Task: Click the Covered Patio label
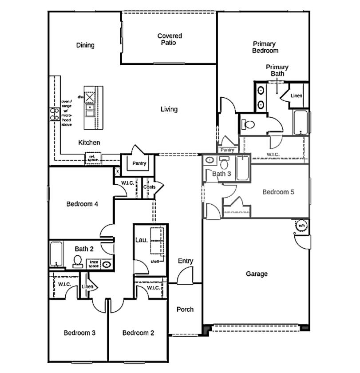point(170,39)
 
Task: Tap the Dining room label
point(85,45)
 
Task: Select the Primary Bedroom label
point(265,47)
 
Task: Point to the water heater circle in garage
point(301,226)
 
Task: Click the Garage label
point(257,274)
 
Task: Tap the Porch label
point(185,309)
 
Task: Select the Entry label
point(185,261)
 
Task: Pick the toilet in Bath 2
point(78,261)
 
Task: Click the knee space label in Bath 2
point(93,264)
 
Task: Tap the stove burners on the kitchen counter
point(55,115)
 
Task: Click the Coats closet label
point(149,187)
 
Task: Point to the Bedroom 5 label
point(278,192)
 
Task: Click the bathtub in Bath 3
point(242,169)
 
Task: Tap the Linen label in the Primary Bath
point(297,96)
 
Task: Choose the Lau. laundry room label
point(141,240)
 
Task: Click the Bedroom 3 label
point(79,333)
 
